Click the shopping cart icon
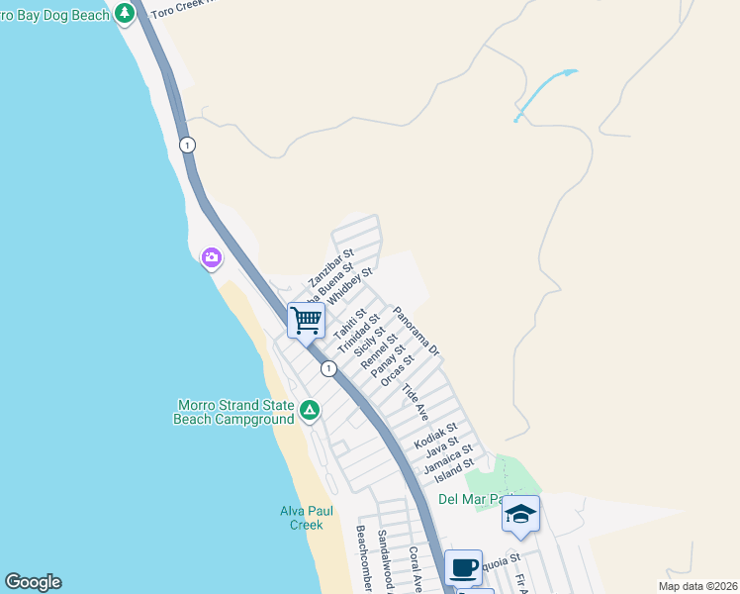tap(307, 320)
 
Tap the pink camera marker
tap(212, 257)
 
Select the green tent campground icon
tap(309, 409)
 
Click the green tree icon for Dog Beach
tap(125, 14)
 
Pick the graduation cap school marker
tap(520, 514)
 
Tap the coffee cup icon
tap(463, 567)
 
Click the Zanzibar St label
tap(330, 267)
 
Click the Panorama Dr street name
tap(416, 332)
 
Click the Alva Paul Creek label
tap(301, 517)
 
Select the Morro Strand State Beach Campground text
tap(234, 412)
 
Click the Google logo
tap(33, 582)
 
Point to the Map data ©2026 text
tap(697, 586)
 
